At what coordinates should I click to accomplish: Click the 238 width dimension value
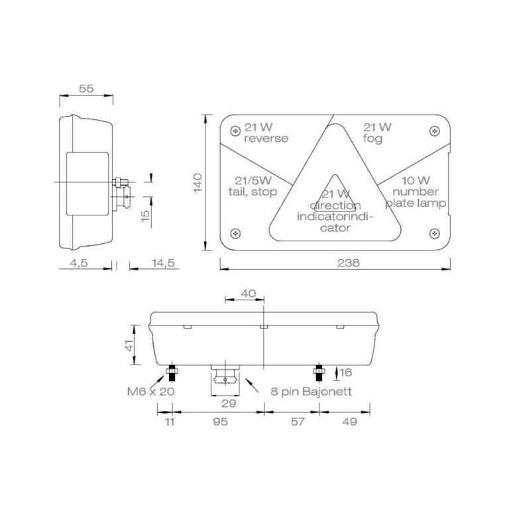349,262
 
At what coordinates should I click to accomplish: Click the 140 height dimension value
198,183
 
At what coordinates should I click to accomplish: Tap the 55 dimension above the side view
86,88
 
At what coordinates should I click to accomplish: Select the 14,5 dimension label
163,262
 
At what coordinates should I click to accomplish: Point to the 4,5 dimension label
79,262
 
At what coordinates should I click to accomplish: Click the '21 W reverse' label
266,133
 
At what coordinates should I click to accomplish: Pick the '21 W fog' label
377,133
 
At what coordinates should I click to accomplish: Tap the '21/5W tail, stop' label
253,186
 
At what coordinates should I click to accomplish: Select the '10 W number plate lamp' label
416,192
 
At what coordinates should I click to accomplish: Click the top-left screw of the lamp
235,131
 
